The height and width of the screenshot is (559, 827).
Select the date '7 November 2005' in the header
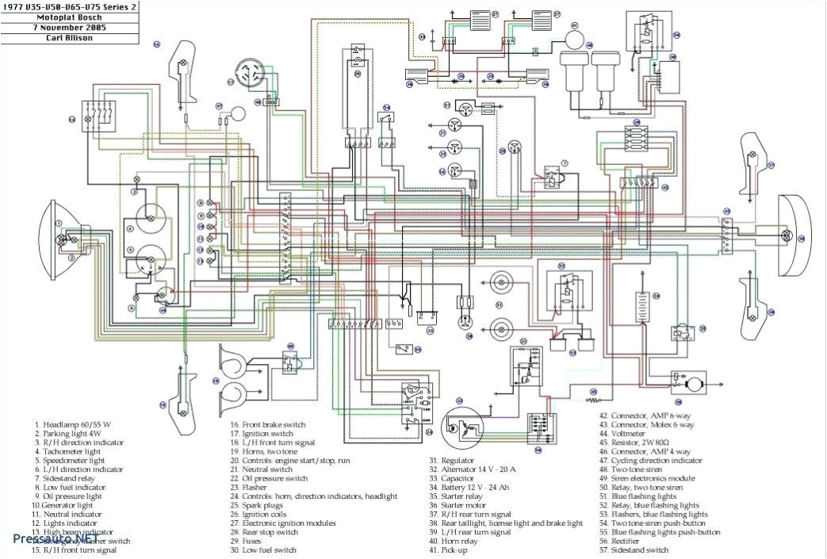click(x=68, y=26)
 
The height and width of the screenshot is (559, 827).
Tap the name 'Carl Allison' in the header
click(x=68, y=37)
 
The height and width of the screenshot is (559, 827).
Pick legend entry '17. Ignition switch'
click(x=266, y=434)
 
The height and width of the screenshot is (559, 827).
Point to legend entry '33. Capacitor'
click(x=457, y=478)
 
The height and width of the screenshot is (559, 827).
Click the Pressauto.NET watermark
click(x=50, y=538)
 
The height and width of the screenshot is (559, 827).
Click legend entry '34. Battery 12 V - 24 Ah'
click(x=481, y=487)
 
